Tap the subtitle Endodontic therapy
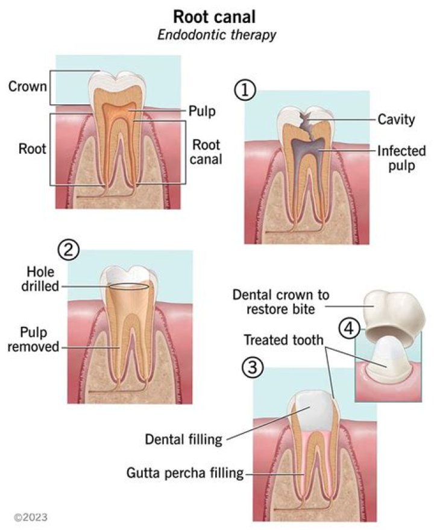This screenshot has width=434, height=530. pos(216,34)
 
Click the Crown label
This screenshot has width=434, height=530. pos(27,86)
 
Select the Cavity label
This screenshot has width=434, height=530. pos(395,120)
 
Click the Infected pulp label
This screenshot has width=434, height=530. pos(401,158)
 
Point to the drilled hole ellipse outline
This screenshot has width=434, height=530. pos(127,288)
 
